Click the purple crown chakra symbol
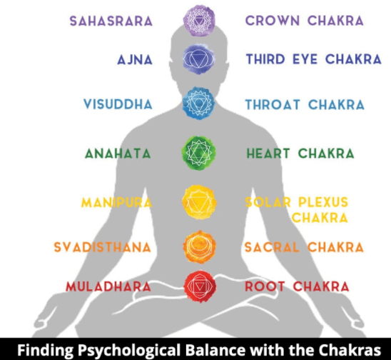(199, 21)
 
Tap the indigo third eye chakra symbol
(199, 59)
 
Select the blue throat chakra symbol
(198, 103)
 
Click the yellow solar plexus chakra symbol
(199, 202)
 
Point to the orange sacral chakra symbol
(199, 246)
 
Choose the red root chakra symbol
(200, 286)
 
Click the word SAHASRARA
(111, 21)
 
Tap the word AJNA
(135, 60)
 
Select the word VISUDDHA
(118, 104)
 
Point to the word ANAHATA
(118, 154)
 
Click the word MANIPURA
(116, 202)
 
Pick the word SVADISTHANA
(103, 247)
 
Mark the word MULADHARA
(108, 286)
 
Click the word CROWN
(273, 21)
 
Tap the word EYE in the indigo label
(305, 59)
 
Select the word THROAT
(273, 104)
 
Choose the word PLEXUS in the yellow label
(323, 202)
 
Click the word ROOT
(265, 286)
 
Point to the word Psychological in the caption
(129, 350)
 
